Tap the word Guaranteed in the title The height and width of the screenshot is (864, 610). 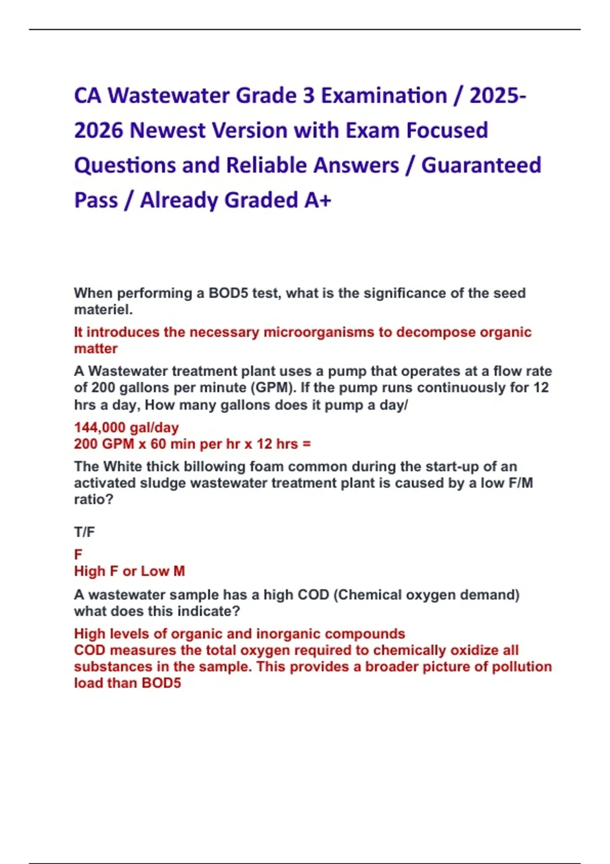pos(481,165)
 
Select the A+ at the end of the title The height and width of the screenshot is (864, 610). pos(318,200)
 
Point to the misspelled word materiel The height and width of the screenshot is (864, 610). pos(103,310)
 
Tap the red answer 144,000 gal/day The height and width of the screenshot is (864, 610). pos(126,427)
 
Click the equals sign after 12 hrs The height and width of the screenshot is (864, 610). pos(306,444)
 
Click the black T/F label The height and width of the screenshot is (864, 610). pos(84,532)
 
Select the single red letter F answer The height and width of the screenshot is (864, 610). pos(78,554)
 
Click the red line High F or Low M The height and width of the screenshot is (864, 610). pos(129,571)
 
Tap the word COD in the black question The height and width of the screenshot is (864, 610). pos(313,595)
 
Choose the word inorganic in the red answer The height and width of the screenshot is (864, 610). pos(288,634)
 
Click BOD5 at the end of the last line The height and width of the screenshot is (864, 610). pos(161,683)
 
